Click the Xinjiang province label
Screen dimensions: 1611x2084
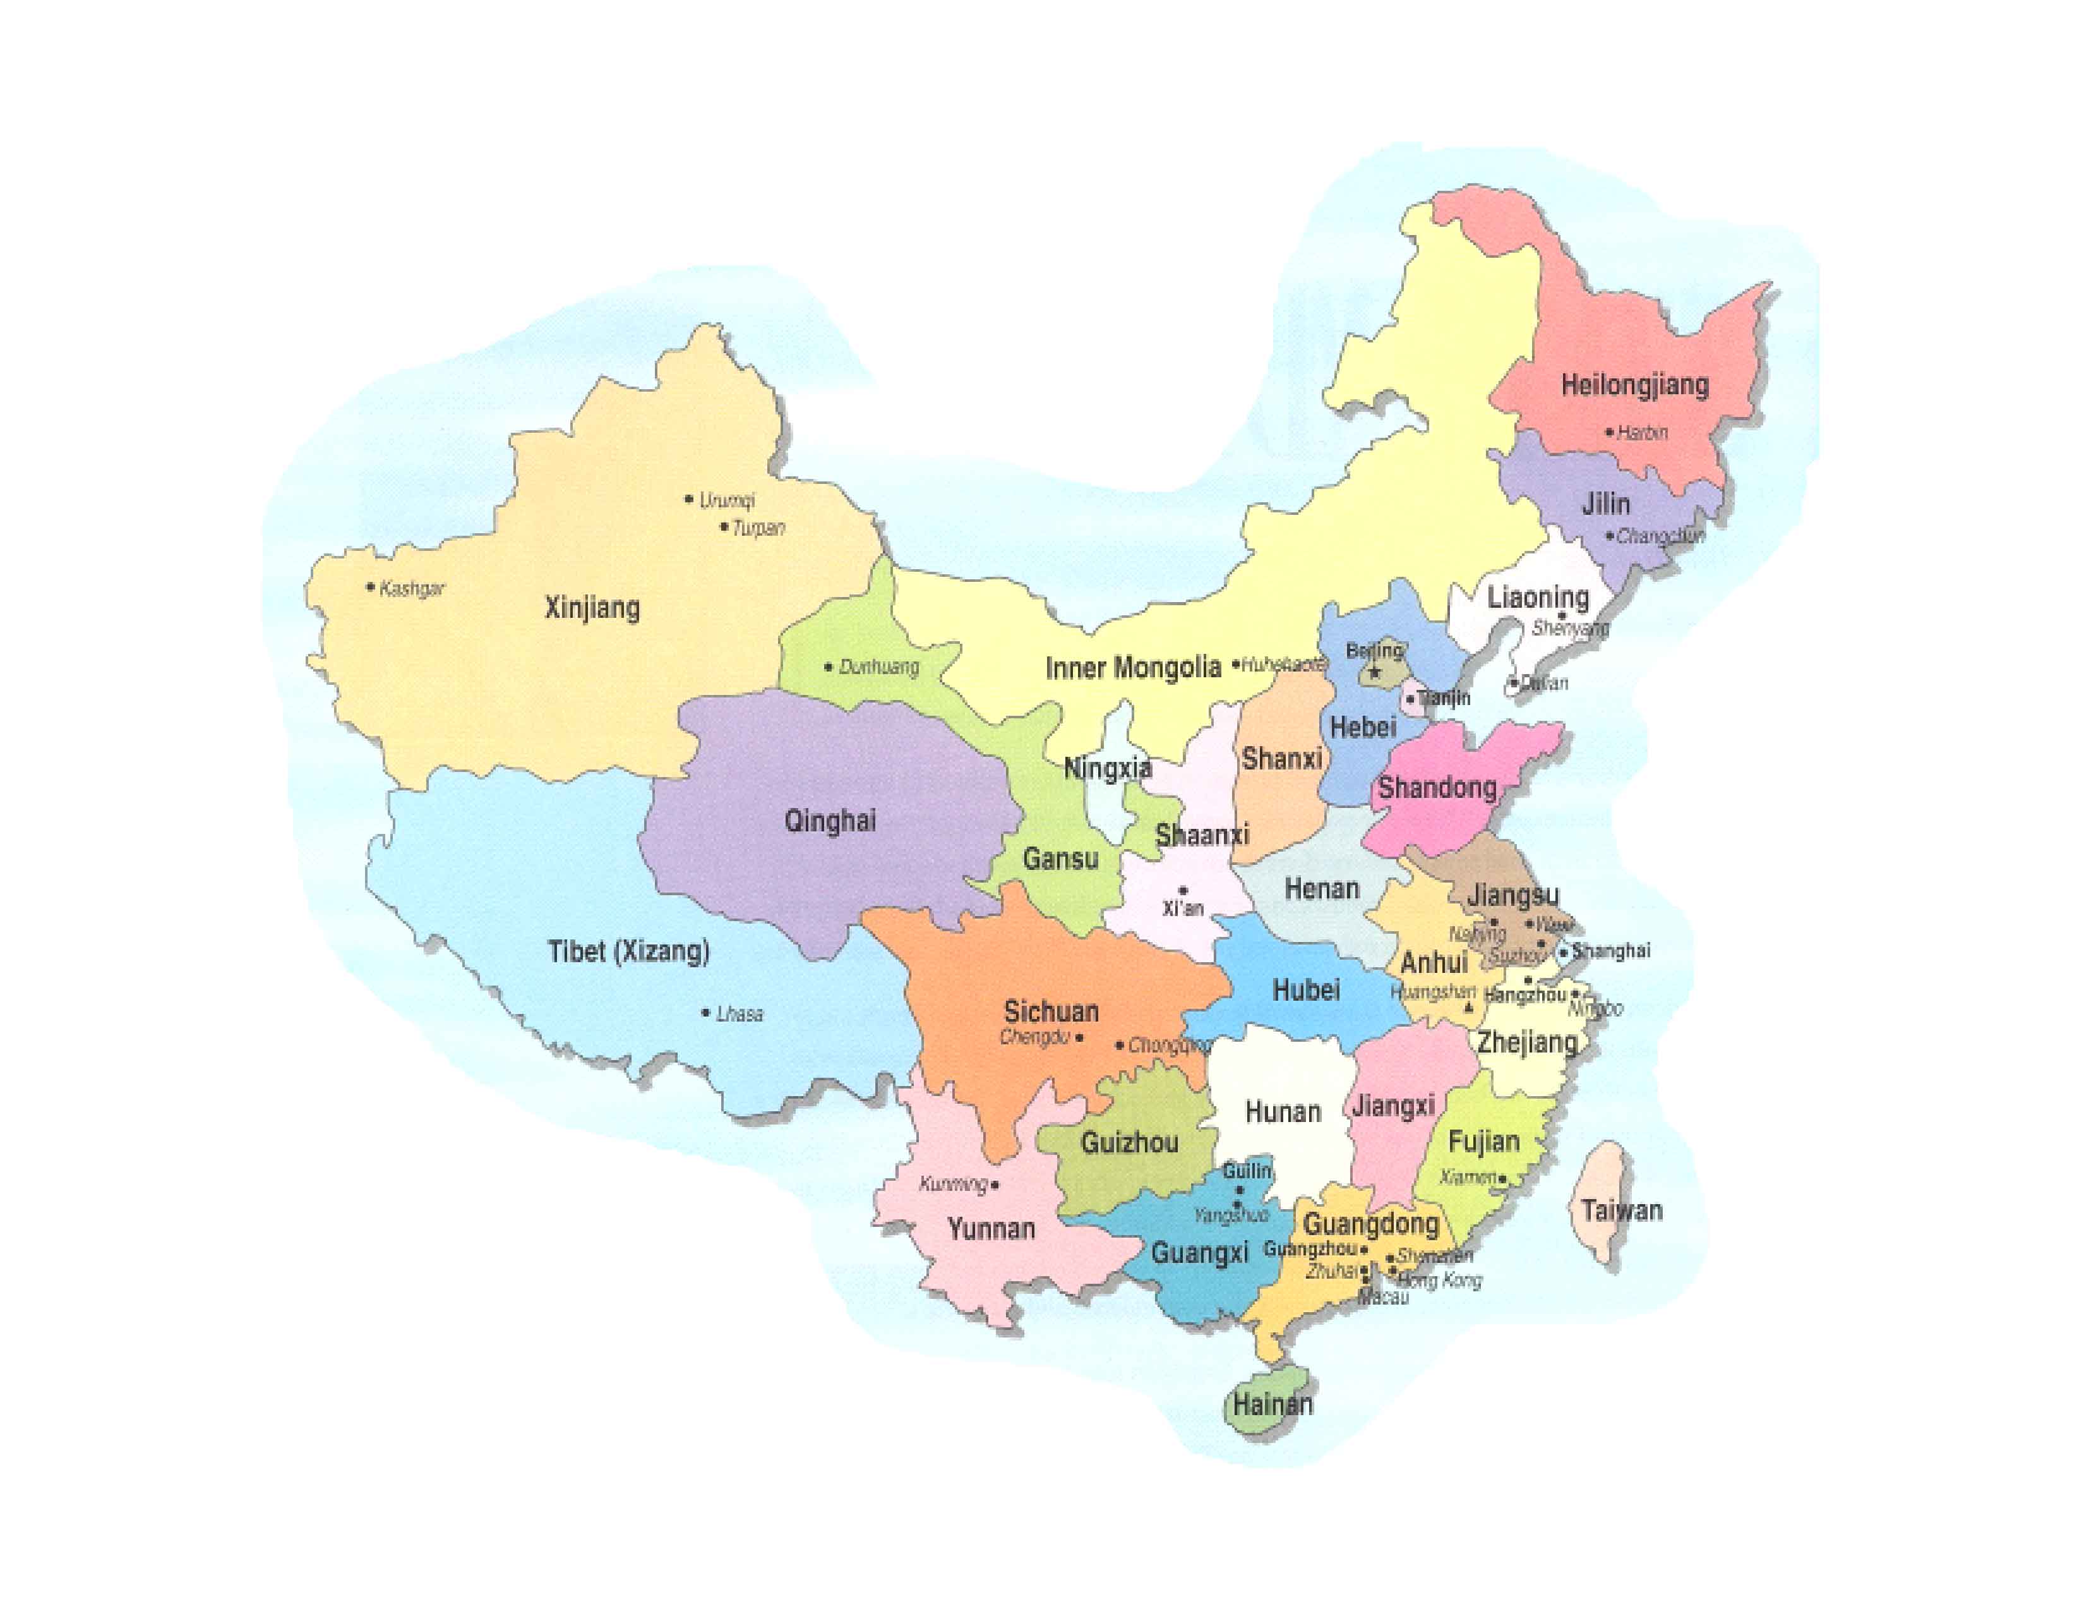592,608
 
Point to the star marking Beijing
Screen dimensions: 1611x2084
1375,673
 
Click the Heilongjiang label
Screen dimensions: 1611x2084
1634,385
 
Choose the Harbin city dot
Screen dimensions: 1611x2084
1610,432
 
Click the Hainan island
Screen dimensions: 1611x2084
1269,1404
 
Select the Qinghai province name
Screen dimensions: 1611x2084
829,821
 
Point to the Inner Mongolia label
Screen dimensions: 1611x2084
1133,667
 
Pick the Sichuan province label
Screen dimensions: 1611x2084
1051,1011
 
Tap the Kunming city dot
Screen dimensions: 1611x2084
995,1185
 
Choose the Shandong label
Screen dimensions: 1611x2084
1436,788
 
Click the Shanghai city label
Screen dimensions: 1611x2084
1611,951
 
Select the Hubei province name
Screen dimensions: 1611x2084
1305,991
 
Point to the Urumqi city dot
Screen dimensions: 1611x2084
689,498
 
